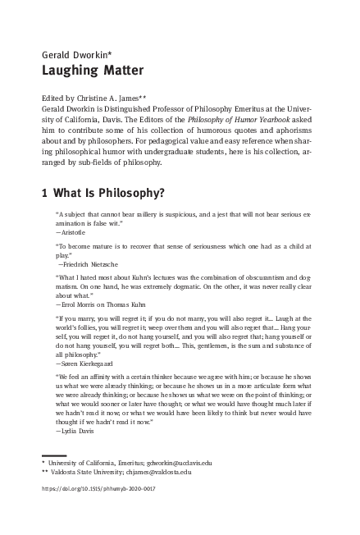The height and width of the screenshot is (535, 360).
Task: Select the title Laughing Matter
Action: coord(80,71)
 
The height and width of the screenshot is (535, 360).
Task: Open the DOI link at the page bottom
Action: coord(98,489)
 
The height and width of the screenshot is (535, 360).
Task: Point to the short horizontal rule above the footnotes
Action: coord(53,454)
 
